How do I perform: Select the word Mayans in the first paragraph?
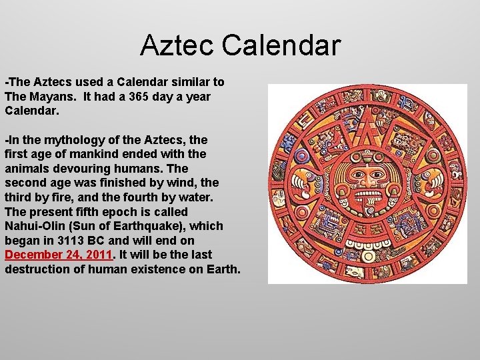(x=47, y=96)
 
